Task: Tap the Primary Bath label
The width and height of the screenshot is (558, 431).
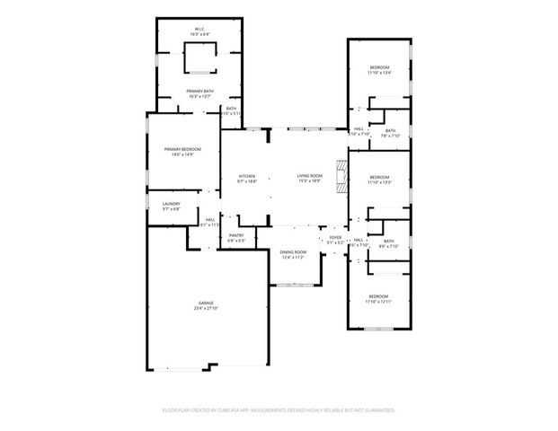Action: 199,91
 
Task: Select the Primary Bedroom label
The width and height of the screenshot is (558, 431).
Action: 182,149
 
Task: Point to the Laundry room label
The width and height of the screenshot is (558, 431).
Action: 171,204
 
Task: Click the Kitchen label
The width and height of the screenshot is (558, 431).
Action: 246,176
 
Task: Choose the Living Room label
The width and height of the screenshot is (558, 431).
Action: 309,176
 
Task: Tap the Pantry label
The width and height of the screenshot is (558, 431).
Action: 236,235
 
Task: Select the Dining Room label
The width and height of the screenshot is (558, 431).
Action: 293,252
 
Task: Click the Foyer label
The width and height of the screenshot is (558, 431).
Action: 334,238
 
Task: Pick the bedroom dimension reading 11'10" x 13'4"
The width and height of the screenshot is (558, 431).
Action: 379,74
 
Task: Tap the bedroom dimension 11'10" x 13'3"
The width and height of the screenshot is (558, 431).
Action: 379,182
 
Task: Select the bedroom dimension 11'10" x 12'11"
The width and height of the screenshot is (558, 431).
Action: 379,302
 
